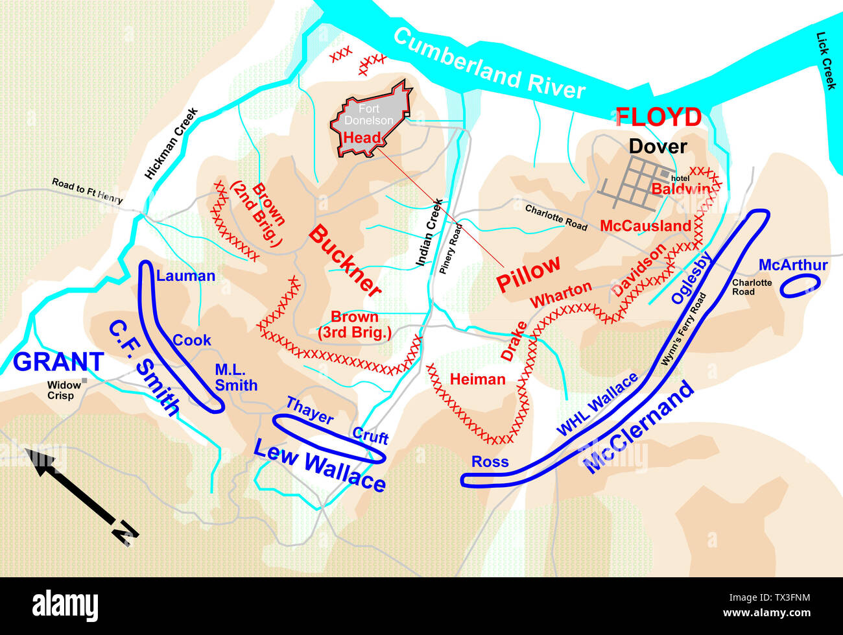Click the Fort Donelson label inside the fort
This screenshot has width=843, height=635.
pyautogui.click(x=368, y=115)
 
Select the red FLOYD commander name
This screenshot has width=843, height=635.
pyautogui.click(x=658, y=117)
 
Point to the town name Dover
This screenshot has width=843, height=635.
pyautogui.click(x=658, y=147)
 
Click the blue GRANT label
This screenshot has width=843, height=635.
pyautogui.click(x=58, y=362)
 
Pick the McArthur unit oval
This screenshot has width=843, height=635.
pyautogui.click(x=800, y=285)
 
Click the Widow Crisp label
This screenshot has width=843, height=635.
pyautogui.click(x=64, y=390)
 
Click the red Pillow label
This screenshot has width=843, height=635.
pyautogui.click(x=528, y=273)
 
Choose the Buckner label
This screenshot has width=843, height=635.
pyautogui.click(x=344, y=261)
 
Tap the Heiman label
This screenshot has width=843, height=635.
pyautogui.click(x=477, y=379)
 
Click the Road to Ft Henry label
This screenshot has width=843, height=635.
pyautogui.click(x=87, y=191)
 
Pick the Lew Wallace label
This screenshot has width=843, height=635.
pyautogui.click(x=319, y=464)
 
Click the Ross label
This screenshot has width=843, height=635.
pyautogui.click(x=490, y=462)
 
